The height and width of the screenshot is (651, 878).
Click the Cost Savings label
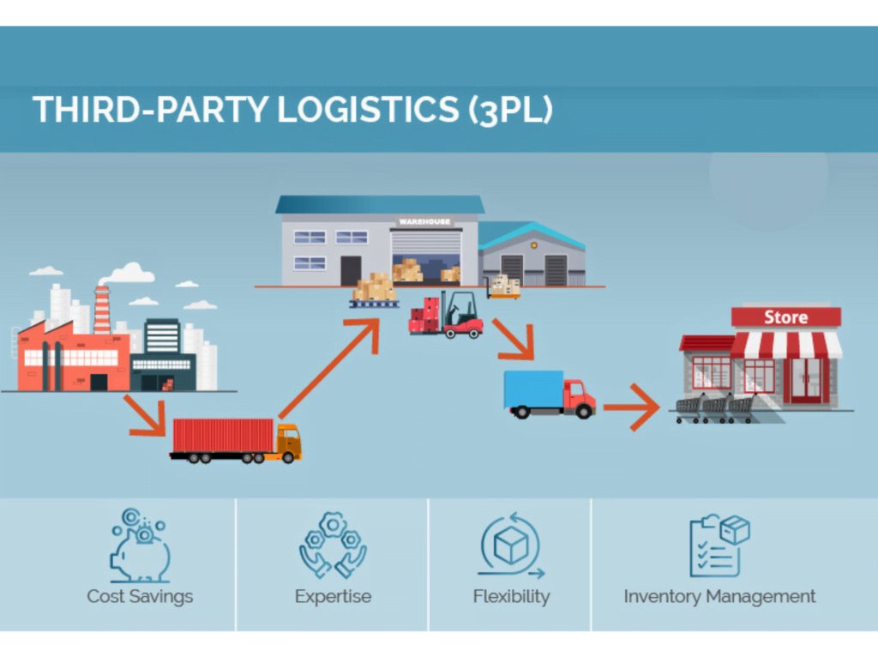tap(140, 596)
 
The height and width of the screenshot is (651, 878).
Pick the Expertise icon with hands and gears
tap(333, 546)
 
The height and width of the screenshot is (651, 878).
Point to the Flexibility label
tap(511, 596)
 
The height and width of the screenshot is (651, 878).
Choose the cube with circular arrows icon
tap(511, 546)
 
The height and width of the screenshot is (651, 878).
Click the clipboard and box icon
tap(719, 546)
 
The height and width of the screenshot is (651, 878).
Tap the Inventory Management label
tap(719, 596)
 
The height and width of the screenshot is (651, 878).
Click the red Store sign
tap(785, 317)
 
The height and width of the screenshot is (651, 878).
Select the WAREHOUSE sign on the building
tap(424, 221)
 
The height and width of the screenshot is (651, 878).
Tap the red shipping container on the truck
tap(223, 435)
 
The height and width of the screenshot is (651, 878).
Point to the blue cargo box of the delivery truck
tap(533, 389)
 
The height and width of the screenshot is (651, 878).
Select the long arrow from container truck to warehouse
tap(330, 369)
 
